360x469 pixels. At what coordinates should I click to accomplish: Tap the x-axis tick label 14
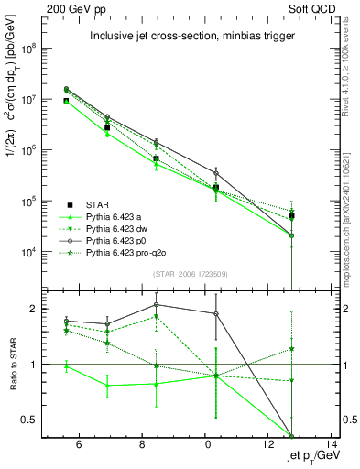(333, 446)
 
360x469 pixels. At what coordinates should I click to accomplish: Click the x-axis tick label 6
(79, 446)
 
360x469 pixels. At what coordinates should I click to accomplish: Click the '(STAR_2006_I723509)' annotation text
(188, 272)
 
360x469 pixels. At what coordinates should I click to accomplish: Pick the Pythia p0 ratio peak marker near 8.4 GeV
(157, 304)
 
